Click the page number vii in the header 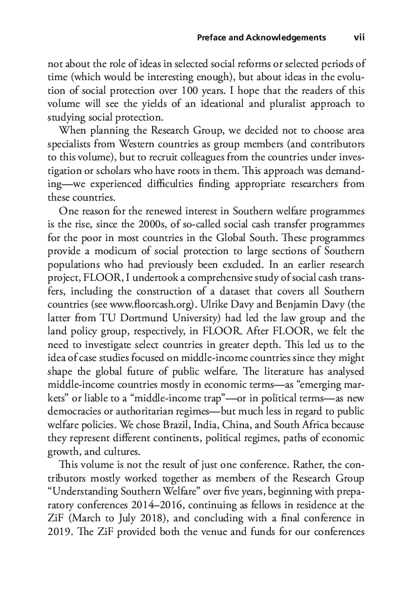click(x=359, y=37)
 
